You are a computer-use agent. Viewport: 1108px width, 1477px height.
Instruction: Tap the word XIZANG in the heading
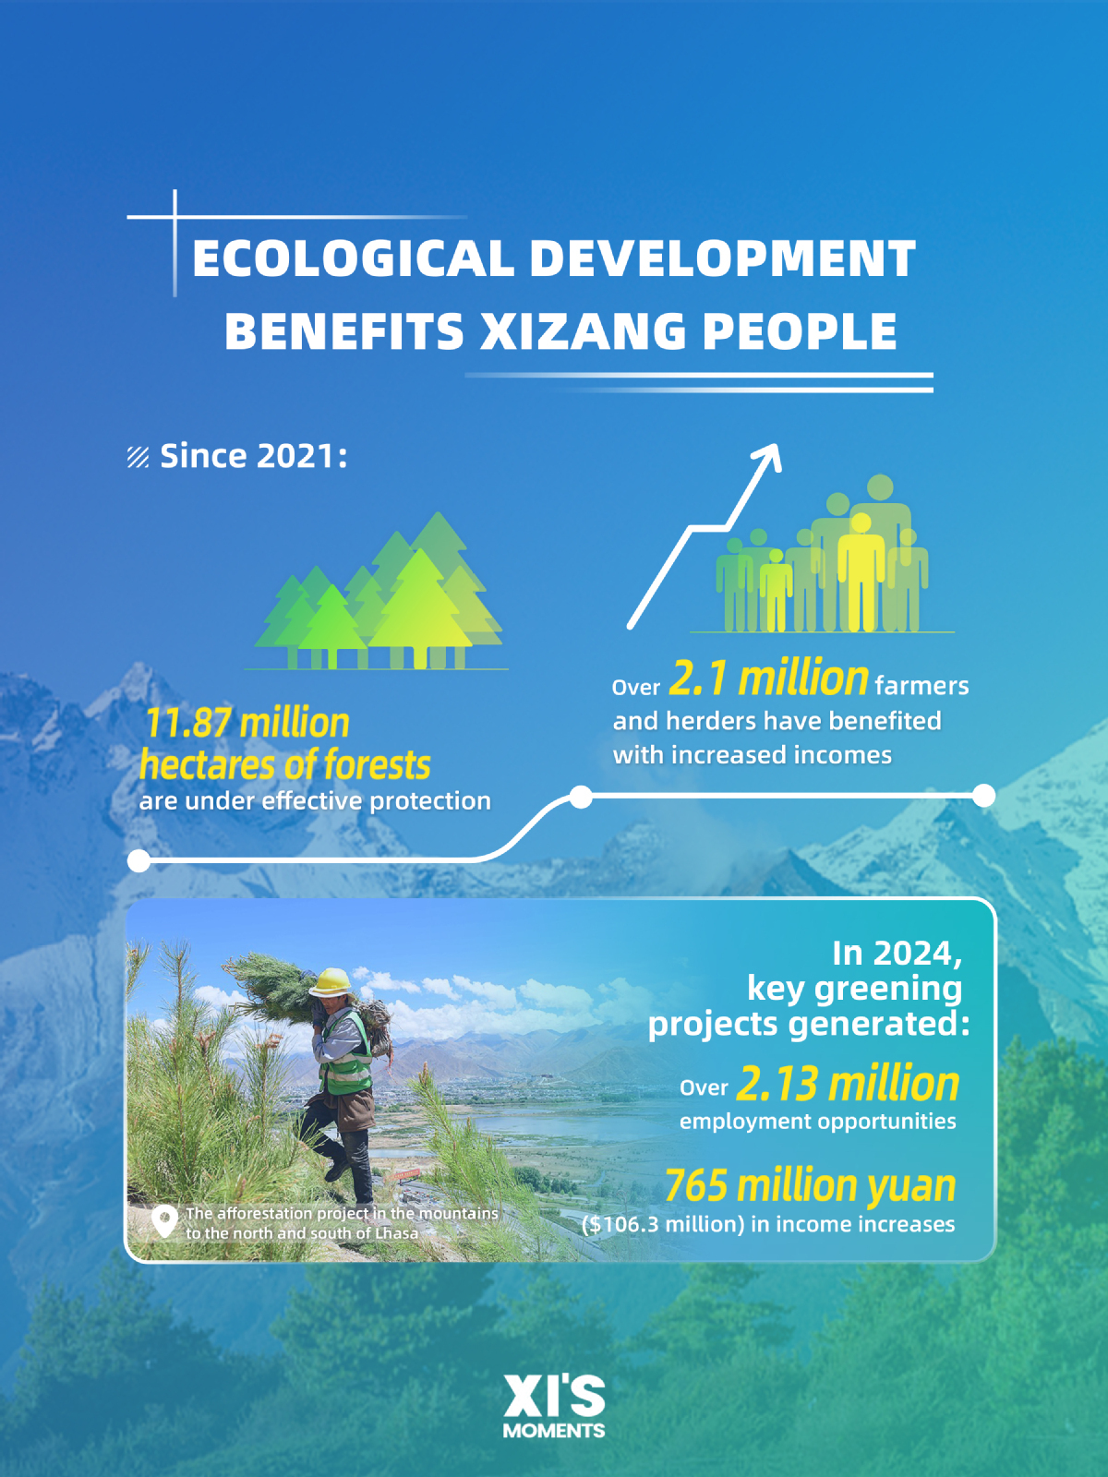click(x=584, y=330)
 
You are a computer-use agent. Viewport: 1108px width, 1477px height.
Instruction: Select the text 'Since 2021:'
click(x=254, y=455)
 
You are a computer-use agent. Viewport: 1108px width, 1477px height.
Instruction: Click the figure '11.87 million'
click(x=247, y=722)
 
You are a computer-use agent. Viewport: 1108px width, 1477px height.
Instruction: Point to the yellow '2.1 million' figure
click(x=768, y=678)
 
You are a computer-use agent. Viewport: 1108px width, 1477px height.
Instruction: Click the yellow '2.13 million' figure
click(x=848, y=1084)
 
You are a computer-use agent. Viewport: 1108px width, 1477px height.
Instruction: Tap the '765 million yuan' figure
click(x=810, y=1185)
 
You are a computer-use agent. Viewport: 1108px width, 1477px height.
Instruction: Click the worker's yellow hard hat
click(x=331, y=982)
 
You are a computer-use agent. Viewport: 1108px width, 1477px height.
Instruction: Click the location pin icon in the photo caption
click(x=165, y=1221)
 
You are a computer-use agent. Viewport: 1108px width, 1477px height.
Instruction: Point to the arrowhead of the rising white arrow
click(x=770, y=455)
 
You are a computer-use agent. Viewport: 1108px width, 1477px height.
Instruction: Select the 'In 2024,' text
click(x=897, y=955)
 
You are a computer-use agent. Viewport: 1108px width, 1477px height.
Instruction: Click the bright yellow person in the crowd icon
click(x=861, y=572)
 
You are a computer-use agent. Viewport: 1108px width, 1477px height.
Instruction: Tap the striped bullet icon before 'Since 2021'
click(x=138, y=457)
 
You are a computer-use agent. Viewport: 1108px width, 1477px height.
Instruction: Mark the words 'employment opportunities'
click(x=817, y=1122)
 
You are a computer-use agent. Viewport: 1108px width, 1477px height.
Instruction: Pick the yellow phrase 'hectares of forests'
click(x=284, y=765)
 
